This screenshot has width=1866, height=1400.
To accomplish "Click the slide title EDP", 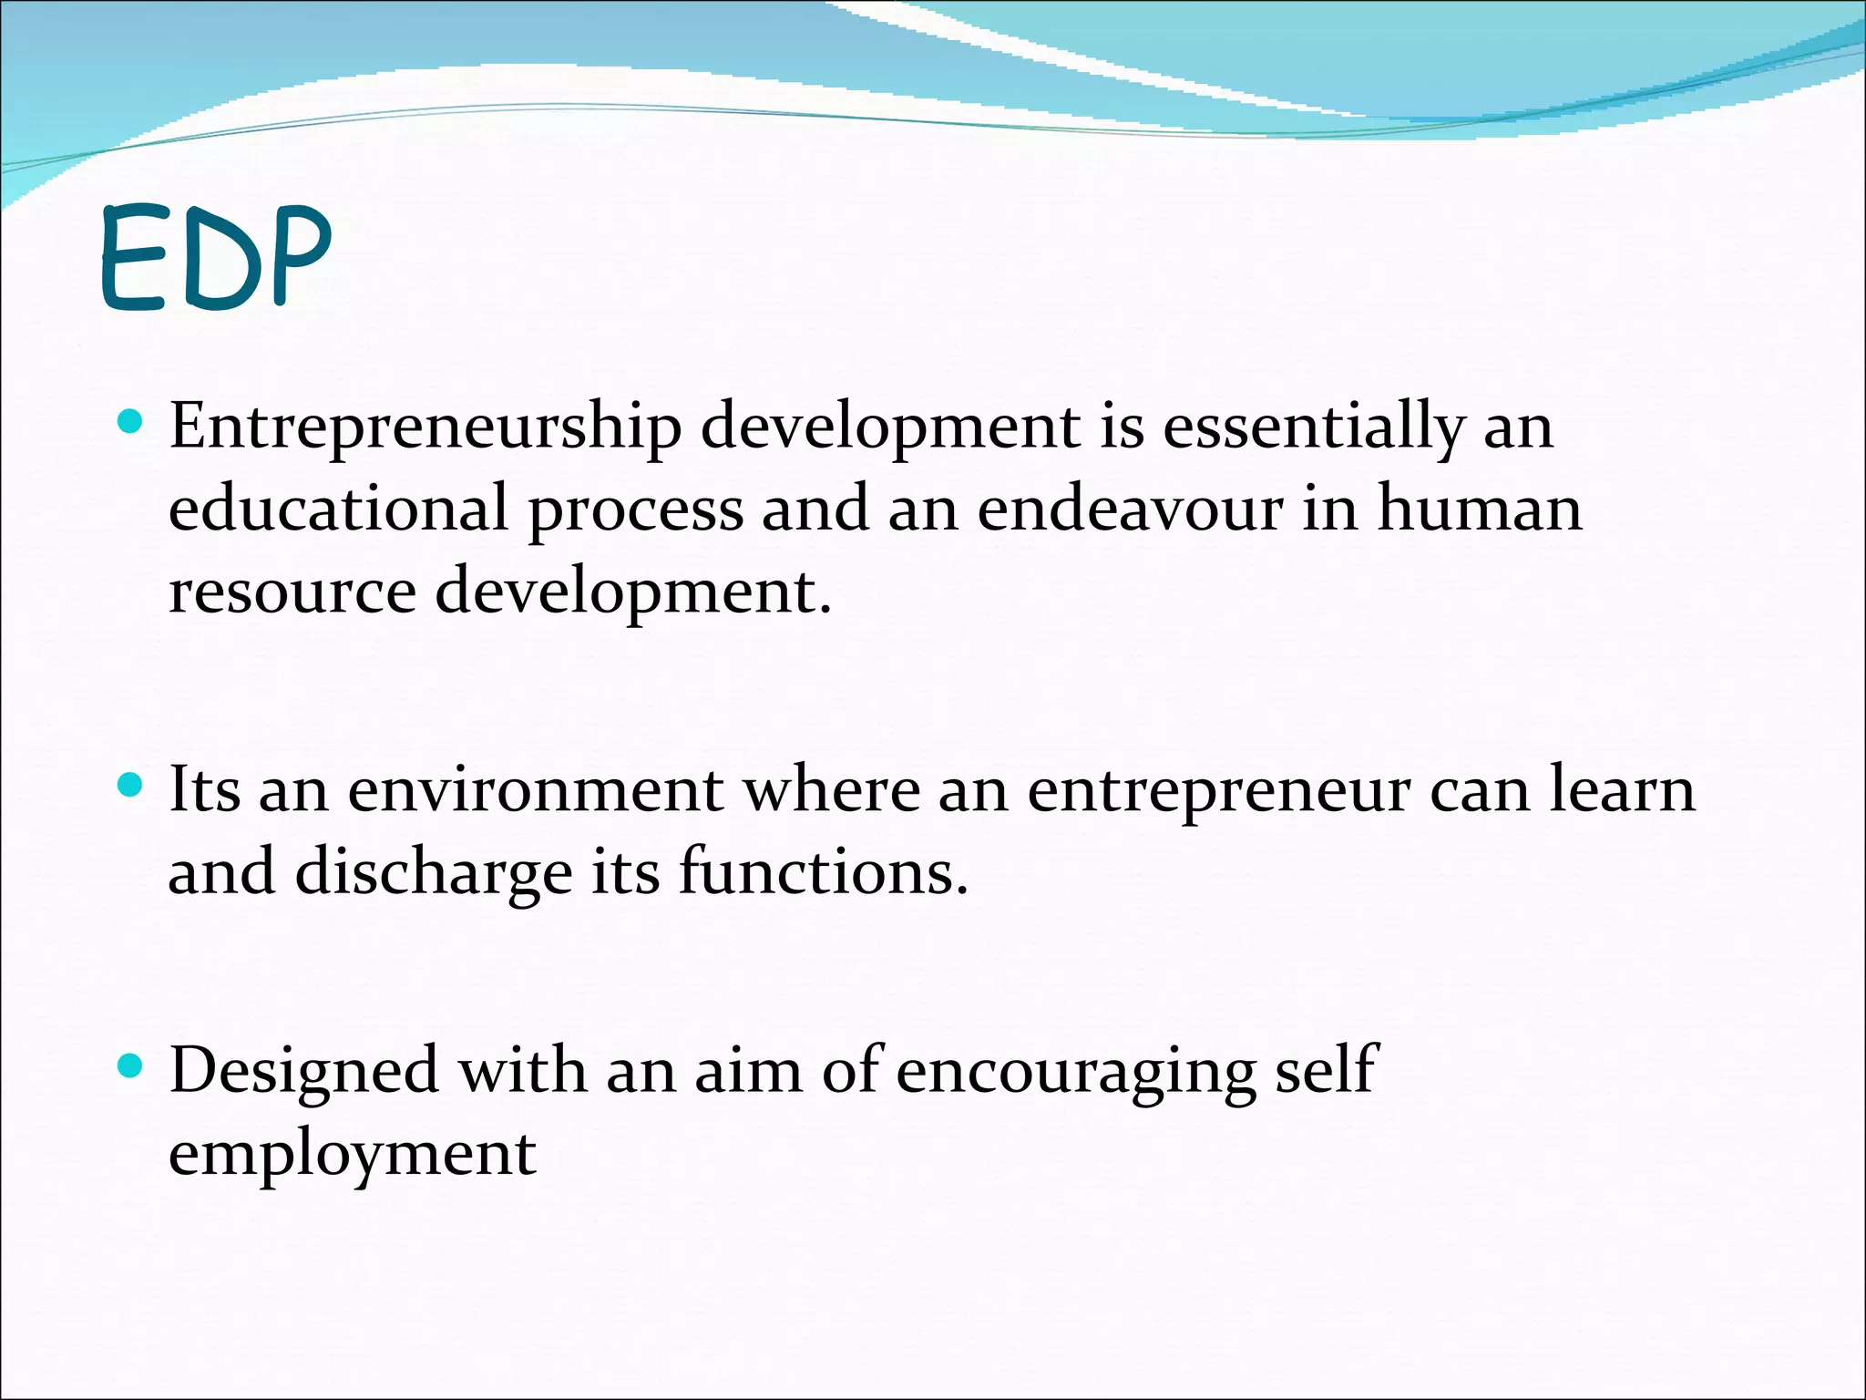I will click(x=215, y=257).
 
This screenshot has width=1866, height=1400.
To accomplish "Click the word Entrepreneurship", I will click(x=425, y=426).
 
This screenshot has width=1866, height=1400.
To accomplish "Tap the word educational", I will click(x=338, y=508).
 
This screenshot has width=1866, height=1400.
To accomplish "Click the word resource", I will click(x=292, y=590).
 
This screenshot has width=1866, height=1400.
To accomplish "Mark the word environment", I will click(x=536, y=788).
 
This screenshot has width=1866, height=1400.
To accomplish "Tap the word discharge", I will click(x=434, y=872).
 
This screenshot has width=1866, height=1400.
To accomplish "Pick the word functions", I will click(x=823, y=870).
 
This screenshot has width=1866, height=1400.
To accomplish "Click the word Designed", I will click(x=303, y=1070).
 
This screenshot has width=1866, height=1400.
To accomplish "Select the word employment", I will click(x=353, y=1154).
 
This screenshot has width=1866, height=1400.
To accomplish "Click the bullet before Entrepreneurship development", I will click(x=132, y=422).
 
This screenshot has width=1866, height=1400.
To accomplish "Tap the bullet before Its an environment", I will click(x=132, y=785).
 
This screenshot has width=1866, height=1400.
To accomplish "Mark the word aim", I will click(x=749, y=1070).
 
